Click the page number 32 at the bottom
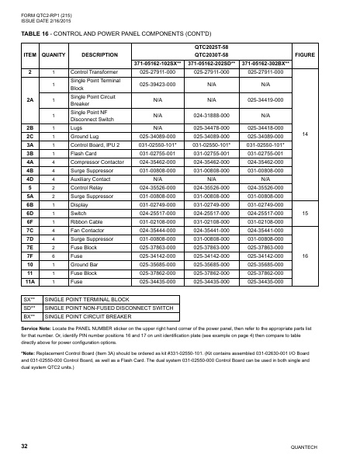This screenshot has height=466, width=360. pyautogui.click(x=25, y=448)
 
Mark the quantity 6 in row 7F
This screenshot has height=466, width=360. pyautogui.click(x=54, y=255)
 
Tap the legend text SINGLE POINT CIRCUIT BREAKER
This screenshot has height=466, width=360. pyautogui.click(x=87, y=316)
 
